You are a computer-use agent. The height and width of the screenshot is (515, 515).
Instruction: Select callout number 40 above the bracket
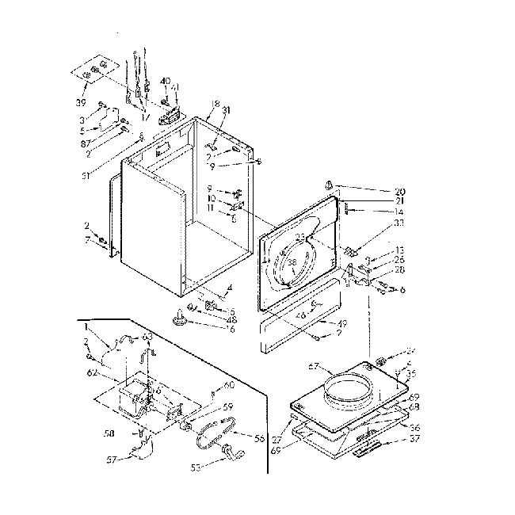click(165, 81)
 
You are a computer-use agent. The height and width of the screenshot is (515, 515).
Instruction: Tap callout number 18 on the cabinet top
click(215, 105)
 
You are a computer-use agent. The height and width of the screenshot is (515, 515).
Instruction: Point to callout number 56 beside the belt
click(258, 437)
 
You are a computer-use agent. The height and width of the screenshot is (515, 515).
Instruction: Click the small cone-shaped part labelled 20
click(327, 185)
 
